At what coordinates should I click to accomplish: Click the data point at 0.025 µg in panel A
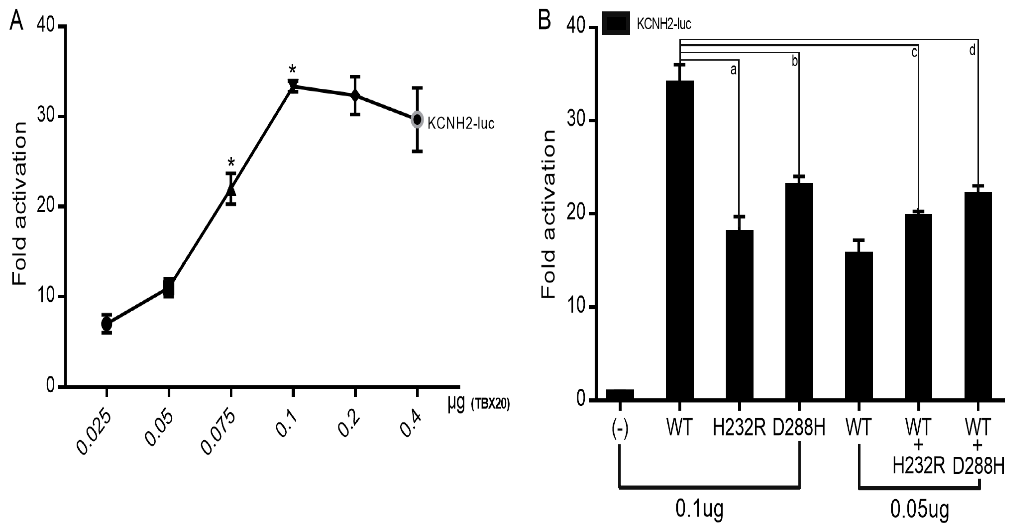pyautogui.click(x=106, y=324)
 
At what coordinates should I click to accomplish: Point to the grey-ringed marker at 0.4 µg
pyautogui.click(x=417, y=119)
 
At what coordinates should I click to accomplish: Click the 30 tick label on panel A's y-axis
pyautogui.click(x=45, y=117)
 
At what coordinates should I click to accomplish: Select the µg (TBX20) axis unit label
pyautogui.click(x=478, y=405)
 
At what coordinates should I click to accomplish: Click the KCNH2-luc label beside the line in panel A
pyautogui.click(x=461, y=124)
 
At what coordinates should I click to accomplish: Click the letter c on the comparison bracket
pyautogui.click(x=914, y=52)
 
